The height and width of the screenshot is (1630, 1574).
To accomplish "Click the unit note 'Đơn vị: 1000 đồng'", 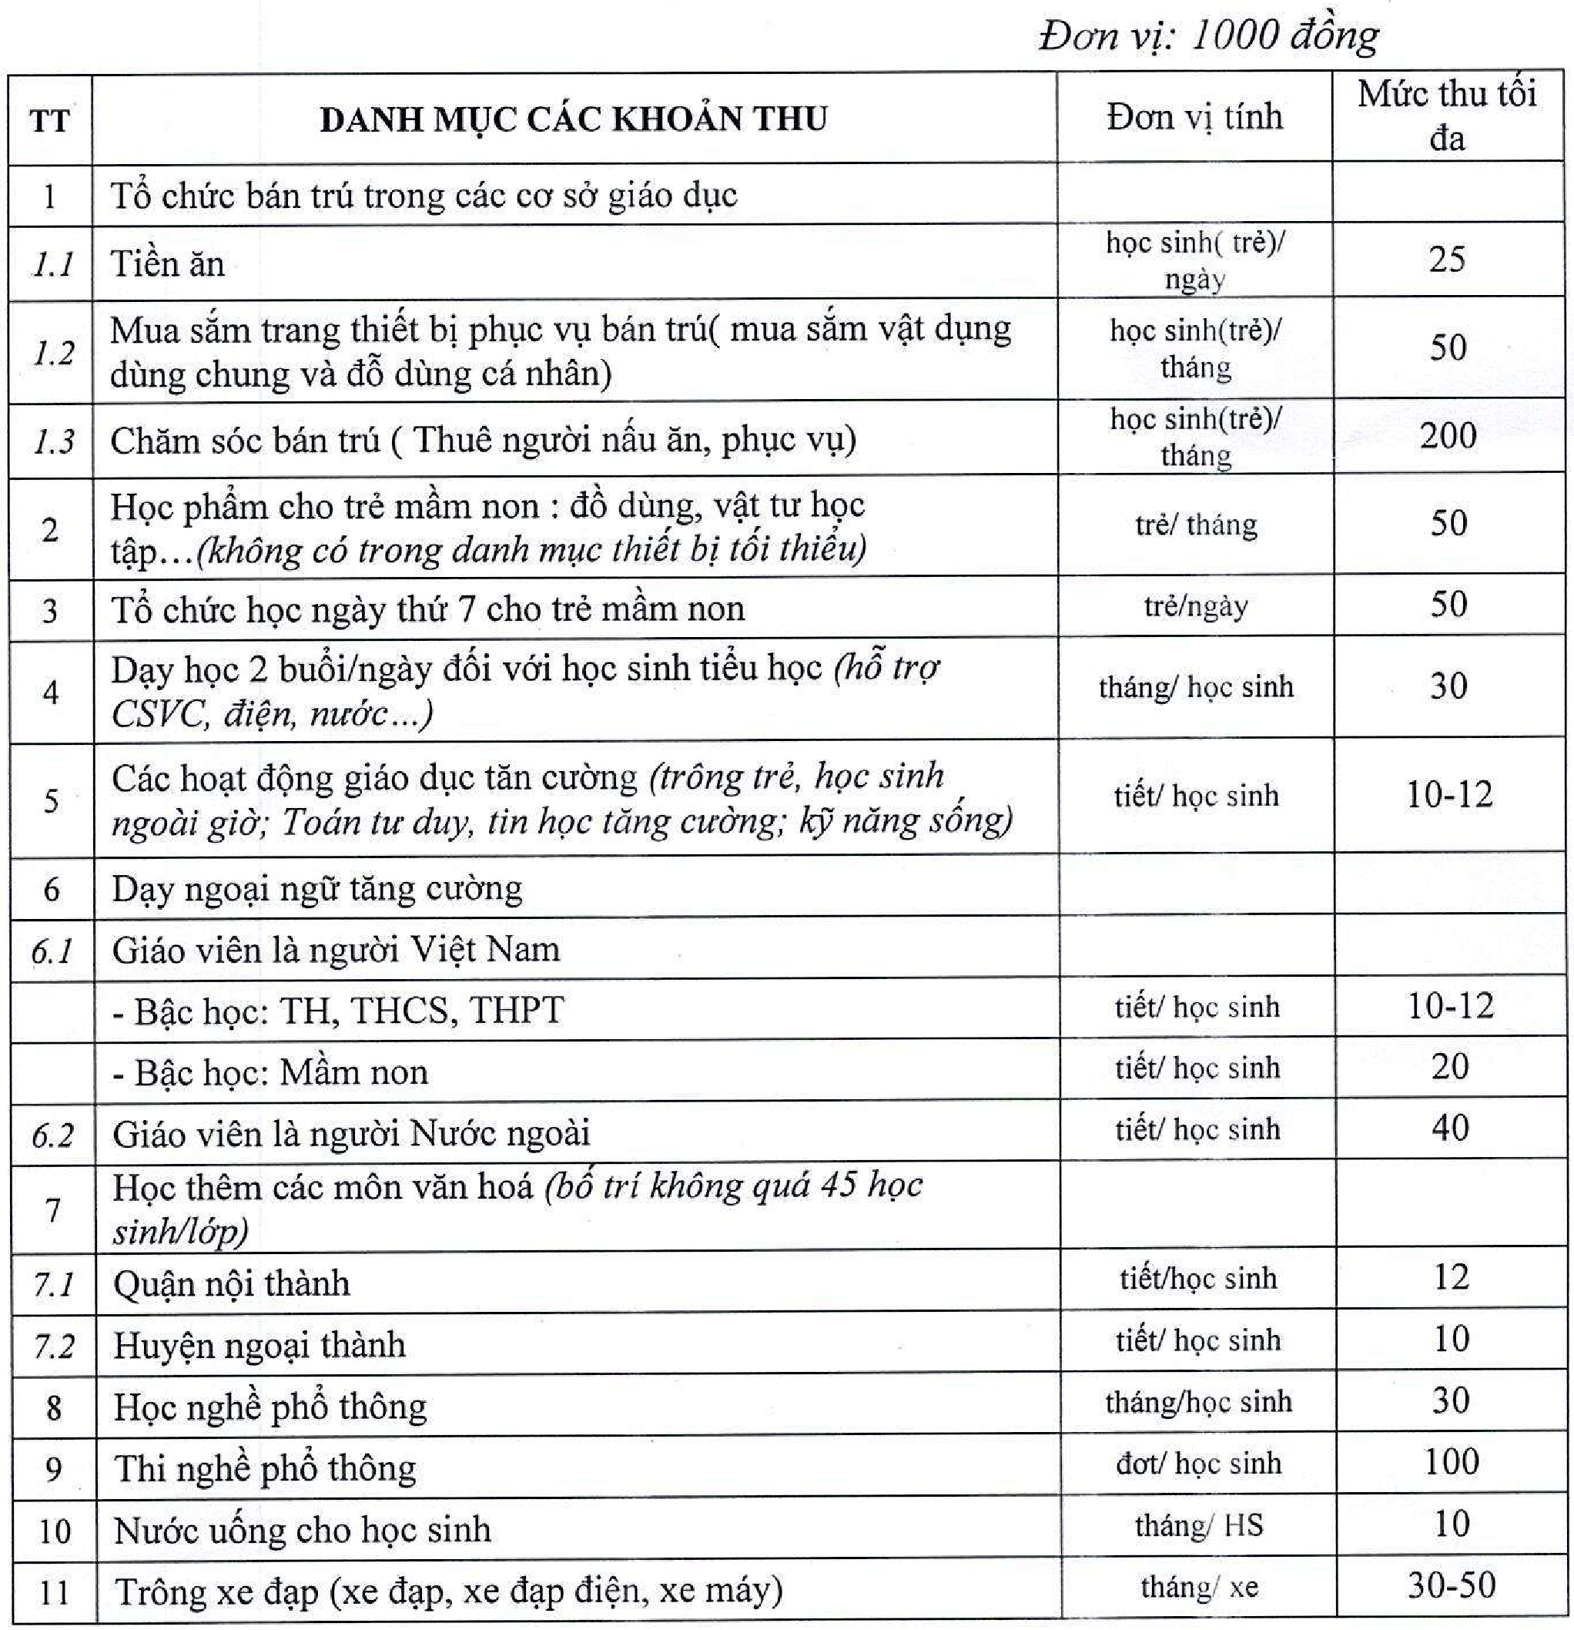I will [1208, 35].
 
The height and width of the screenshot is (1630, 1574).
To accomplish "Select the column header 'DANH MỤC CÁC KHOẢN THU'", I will [574, 119].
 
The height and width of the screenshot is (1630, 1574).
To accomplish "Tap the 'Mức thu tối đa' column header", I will [1447, 116].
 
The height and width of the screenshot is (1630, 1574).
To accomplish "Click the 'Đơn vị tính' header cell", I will [1195, 116].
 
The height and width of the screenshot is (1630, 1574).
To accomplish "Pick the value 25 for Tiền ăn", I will [1447, 260].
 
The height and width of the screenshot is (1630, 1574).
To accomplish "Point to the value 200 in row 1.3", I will [1448, 436].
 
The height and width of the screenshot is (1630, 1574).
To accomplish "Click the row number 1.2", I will [53, 353].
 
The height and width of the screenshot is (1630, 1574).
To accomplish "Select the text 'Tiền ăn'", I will [167, 264].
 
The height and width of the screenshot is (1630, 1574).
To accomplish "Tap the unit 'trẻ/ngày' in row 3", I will [1196, 606].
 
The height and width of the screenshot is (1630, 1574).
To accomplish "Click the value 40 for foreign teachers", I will [1450, 1128].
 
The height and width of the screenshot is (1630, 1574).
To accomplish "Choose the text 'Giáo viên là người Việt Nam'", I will [336, 950].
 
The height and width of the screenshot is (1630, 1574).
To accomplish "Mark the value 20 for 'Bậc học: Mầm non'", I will [1450, 1066].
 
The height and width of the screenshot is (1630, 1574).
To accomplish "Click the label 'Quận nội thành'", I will [232, 1284].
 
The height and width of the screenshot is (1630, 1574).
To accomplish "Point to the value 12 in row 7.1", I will [1451, 1276].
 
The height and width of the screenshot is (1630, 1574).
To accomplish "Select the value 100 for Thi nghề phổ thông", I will [1452, 1461].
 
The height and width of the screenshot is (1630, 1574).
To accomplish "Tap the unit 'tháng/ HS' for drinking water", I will [1198, 1525].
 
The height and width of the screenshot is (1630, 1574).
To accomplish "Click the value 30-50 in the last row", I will [1452, 1585].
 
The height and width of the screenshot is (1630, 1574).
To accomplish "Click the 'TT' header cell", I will [50, 122].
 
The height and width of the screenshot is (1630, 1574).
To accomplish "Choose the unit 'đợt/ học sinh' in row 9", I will [1198, 1463].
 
